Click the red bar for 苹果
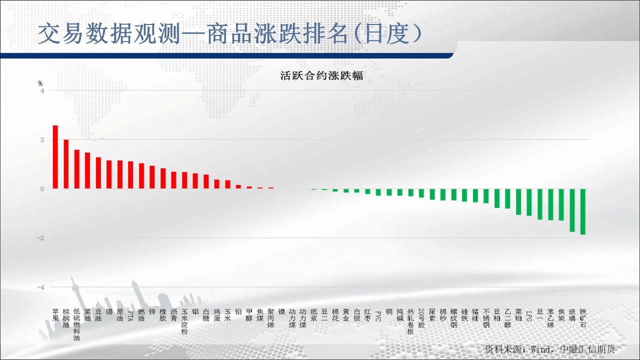tap(55, 157)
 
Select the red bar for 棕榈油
tap(66, 164)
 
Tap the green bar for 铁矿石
tap(583, 211)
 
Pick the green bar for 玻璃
tap(572, 210)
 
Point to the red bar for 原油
tap(120, 174)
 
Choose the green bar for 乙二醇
tap(507, 198)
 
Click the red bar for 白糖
tap(206, 181)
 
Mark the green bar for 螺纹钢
tap(453, 194)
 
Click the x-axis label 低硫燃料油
tap(76, 324)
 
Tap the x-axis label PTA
tap(130, 316)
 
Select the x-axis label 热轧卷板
tap(410, 321)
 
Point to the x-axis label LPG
tap(529, 316)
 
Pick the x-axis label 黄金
tap(346, 315)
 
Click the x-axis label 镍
tap(281, 311)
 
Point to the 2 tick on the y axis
tap(42, 139)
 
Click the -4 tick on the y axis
tap(41, 287)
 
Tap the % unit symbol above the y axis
tap(40, 83)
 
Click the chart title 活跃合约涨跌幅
tap(321, 75)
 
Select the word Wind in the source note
tap(540, 349)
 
